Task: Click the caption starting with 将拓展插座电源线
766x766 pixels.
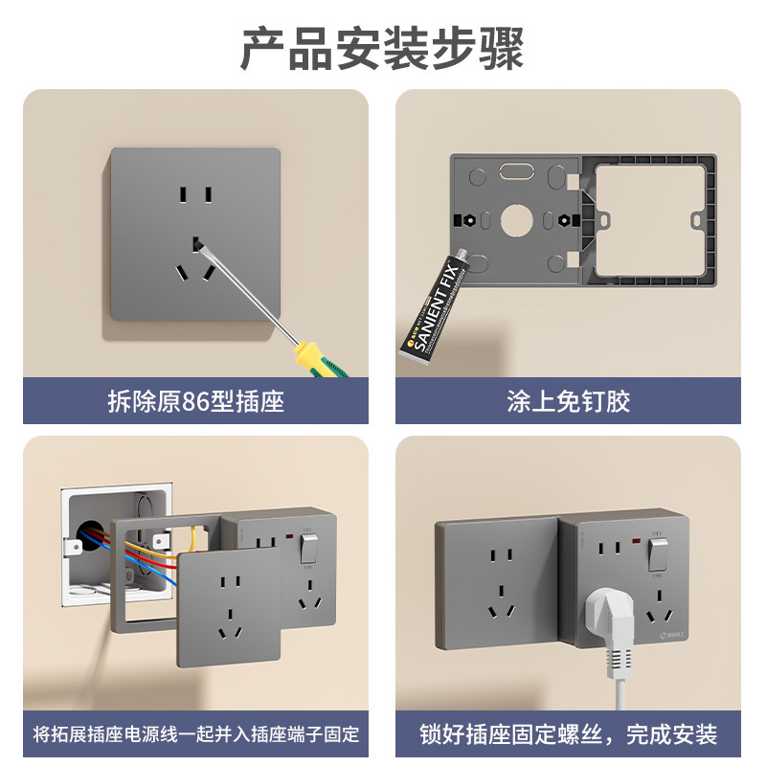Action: tap(195, 734)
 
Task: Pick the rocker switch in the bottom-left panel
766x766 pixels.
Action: tap(308, 548)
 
